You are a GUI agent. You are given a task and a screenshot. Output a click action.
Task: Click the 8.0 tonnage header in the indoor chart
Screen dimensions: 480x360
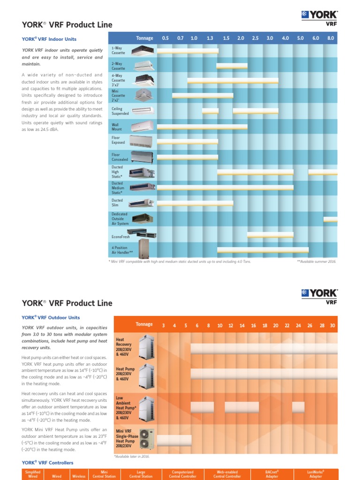[331, 38]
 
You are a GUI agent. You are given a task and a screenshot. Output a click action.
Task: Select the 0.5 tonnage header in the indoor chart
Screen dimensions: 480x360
[165, 38]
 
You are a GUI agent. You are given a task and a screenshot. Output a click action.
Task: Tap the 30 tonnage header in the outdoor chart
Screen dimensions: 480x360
[332, 325]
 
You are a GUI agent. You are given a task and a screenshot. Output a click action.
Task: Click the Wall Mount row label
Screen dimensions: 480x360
[117, 127]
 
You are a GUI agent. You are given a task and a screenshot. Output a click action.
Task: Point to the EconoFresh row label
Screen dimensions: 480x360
[120, 237]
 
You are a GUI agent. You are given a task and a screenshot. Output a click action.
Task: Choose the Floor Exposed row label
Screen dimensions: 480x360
[119, 140]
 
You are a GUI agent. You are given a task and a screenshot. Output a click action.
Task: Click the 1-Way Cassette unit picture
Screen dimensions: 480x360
[143, 50]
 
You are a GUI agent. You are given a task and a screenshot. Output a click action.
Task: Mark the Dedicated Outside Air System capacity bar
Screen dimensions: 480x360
[330, 219]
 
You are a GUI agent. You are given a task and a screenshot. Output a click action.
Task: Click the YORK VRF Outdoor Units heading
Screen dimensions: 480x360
[51, 317]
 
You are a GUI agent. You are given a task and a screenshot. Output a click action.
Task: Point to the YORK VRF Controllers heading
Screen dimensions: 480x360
[48, 463]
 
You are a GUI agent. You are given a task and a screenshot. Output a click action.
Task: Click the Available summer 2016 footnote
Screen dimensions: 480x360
[316, 262]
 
